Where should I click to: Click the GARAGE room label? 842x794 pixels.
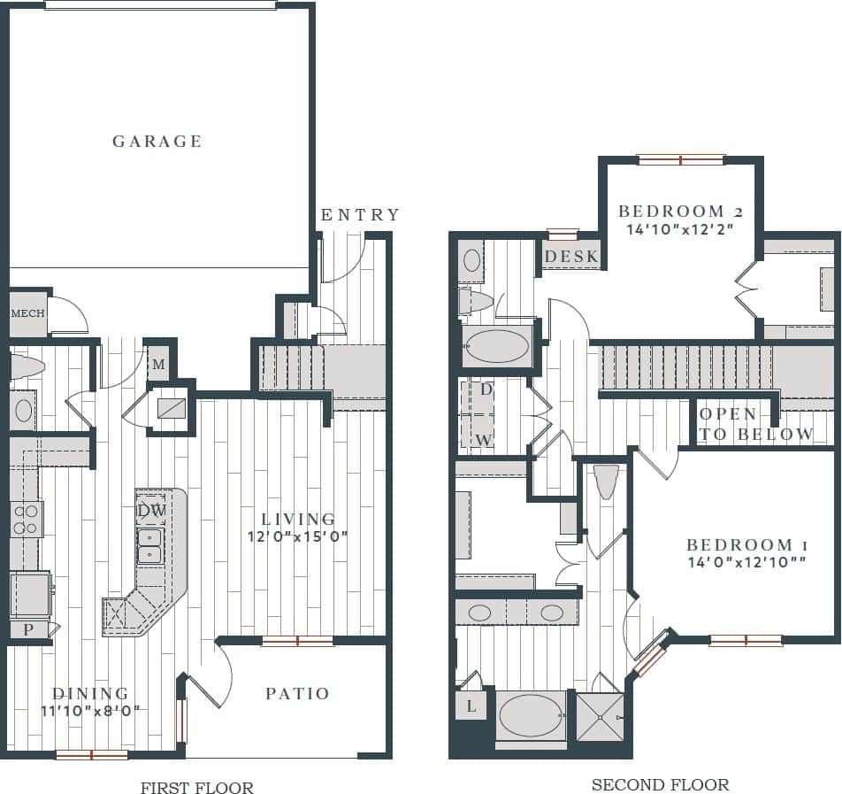point(157,142)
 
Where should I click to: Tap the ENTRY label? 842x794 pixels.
point(360,215)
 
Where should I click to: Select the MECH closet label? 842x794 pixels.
point(27,314)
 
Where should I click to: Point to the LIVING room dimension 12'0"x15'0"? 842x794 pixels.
point(297,536)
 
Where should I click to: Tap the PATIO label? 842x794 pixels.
point(298,694)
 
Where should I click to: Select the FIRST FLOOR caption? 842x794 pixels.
point(196,788)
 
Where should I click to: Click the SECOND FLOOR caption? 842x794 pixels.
point(660,784)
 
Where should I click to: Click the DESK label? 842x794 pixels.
point(571,258)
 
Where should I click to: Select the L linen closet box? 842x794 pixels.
point(471,706)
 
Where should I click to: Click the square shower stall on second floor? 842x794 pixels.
point(601,716)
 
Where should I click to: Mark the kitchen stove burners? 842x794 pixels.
point(25,519)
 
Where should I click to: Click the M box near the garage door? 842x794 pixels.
point(159,364)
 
